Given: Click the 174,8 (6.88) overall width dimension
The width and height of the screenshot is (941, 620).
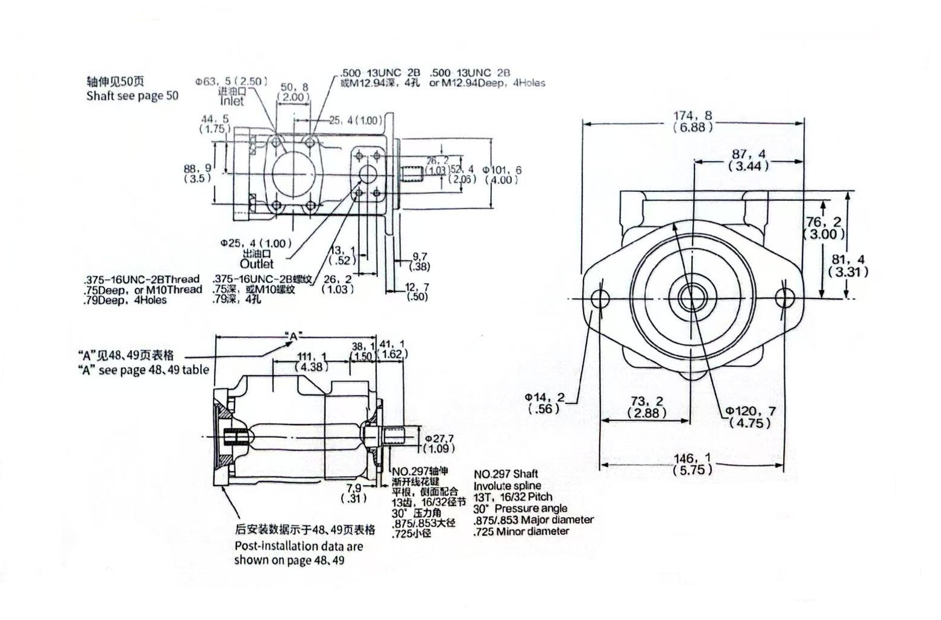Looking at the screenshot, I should (x=693, y=121).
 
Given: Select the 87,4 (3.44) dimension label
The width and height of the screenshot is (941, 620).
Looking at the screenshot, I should (x=749, y=160).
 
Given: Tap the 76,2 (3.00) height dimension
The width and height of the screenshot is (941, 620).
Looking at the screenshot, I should (x=824, y=228).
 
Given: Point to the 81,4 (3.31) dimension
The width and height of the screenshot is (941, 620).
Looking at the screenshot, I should (x=848, y=265).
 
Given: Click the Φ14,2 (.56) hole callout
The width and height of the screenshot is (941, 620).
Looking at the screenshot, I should (x=544, y=403).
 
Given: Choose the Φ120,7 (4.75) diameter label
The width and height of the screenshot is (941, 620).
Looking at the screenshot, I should (x=751, y=417).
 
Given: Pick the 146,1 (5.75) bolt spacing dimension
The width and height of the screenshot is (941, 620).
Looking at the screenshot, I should (x=692, y=464).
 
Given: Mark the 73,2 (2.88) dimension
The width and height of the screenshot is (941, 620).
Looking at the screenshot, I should (x=647, y=407).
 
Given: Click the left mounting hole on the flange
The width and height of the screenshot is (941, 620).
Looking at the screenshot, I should (x=600, y=297).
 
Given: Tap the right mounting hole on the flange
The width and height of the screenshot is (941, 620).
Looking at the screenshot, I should (x=784, y=297).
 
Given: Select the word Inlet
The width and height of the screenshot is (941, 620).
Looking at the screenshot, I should (x=231, y=101).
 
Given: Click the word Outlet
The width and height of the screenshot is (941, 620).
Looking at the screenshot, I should (x=256, y=264).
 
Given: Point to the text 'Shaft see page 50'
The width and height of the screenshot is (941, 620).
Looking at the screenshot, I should (x=132, y=96).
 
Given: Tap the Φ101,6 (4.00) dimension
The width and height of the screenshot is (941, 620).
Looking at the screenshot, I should (x=502, y=175).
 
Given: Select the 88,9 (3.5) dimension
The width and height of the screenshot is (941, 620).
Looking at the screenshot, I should (x=198, y=174).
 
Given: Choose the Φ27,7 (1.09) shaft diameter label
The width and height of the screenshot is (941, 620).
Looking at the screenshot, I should (x=439, y=443).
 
